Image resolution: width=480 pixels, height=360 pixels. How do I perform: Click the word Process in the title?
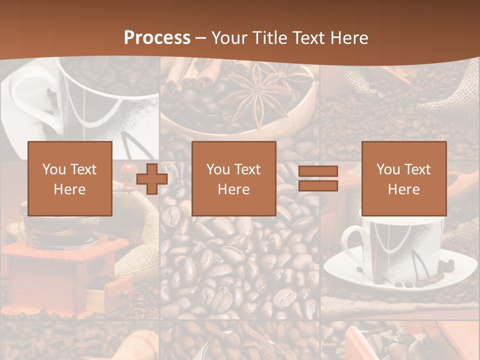click(157, 37)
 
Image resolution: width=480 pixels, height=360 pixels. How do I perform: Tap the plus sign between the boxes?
click(152, 179)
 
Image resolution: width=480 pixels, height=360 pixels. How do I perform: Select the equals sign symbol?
click(318, 178)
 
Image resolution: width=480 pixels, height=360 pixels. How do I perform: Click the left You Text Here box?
click(69, 178)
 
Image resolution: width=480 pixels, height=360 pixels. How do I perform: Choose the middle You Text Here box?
click(233, 178)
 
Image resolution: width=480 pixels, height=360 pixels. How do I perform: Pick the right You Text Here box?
click(403, 178)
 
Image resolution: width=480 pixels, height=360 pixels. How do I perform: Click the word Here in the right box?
click(403, 189)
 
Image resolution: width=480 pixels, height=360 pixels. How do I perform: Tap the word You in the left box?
click(54, 169)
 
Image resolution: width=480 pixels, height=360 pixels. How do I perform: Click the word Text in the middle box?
click(247, 169)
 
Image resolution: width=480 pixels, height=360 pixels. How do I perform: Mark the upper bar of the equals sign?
click(318, 171)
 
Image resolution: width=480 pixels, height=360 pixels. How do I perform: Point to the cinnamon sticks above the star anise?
click(200, 75)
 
